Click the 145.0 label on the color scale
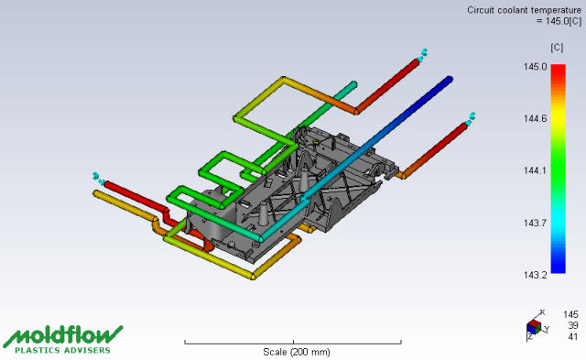[x=535, y=67]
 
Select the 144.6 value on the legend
[x=535, y=119]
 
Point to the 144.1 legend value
[x=535, y=171]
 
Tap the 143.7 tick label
[x=535, y=224]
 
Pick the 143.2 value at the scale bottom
[x=535, y=275]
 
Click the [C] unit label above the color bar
[x=557, y=48]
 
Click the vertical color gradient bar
[x=558, y=169]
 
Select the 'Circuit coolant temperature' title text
[x=524, y=10]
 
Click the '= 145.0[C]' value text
[x=559, y=21]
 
